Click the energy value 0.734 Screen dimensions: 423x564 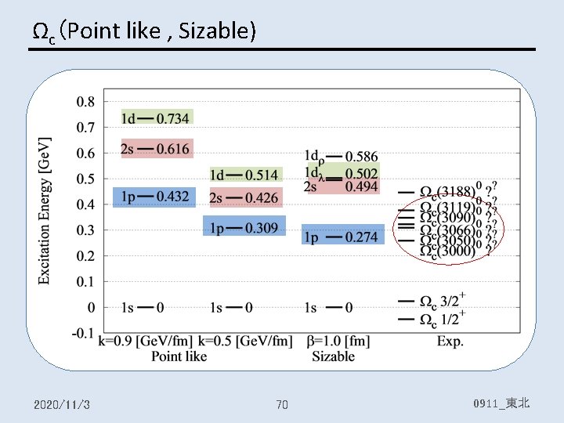click(x=172, y=118)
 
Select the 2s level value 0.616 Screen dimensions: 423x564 click(x=172, y=149)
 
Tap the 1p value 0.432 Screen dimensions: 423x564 click(x=172, y=196)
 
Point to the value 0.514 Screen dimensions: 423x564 click(x=262, y=175)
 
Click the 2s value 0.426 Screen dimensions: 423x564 click(x=262, y=197)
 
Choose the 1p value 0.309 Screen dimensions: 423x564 click(x=262, y=228)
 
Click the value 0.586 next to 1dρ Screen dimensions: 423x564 click(x=361, y=157)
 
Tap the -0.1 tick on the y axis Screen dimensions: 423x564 click(x=84, y=333)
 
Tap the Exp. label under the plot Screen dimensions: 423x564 click(x=450, y=342)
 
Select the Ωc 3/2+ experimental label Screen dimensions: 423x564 click(x=443, y=301)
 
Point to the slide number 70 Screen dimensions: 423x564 click(x=282, y=404)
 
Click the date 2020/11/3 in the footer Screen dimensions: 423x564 click(x=62, y=404)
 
